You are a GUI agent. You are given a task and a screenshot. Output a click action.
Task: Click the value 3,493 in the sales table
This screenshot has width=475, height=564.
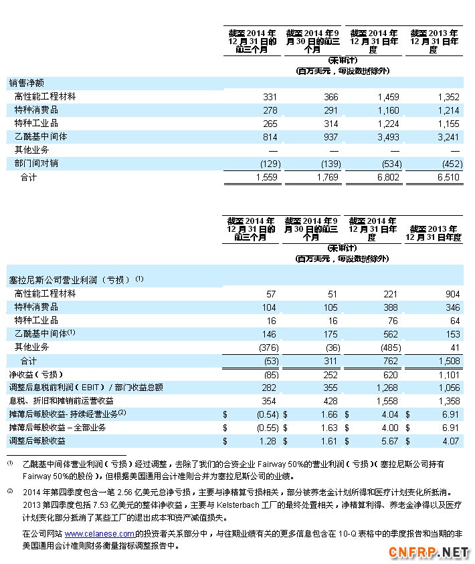[388, 136]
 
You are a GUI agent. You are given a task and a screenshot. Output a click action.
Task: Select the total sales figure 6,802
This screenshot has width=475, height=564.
[388, 178]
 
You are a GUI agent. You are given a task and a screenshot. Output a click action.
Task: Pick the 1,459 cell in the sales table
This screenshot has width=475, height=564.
[388, 97]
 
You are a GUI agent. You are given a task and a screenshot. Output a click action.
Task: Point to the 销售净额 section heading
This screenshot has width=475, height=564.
[27, 84]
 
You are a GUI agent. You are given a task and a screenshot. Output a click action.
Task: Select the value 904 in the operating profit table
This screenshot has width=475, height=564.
[452, 294]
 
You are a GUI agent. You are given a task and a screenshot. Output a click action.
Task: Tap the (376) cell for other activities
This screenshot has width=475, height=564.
[264, 347]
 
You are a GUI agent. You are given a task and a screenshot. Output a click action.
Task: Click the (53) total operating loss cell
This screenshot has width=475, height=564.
[267, 361]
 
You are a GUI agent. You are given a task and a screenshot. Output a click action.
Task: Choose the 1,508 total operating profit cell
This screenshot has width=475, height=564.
[448, 361]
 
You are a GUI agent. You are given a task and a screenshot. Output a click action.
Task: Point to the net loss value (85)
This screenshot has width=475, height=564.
[267, 374]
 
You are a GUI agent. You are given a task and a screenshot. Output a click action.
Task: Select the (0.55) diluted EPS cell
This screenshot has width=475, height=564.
[264, 428]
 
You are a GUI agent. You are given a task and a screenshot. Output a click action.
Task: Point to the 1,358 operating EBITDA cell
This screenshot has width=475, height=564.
[448, 401]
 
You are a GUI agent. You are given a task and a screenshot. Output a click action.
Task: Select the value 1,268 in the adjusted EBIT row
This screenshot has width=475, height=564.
[388, 388]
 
